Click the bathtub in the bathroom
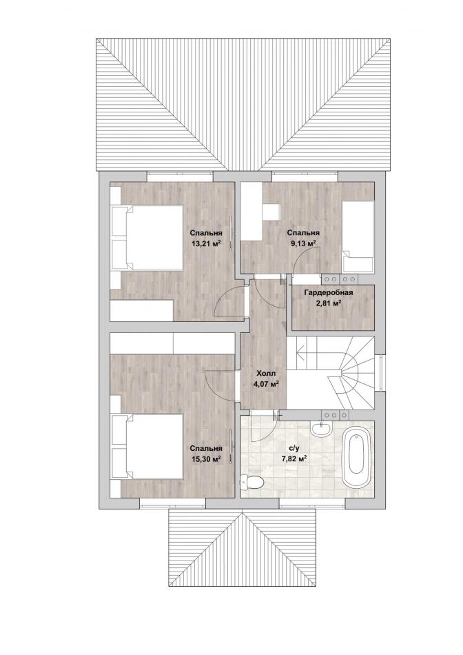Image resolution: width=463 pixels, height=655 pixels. coord(357,459)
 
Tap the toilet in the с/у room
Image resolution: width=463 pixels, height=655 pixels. coord(253,482)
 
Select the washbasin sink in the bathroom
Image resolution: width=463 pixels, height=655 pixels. coord(321,429)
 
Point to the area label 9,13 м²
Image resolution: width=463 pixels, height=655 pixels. coord(302,242)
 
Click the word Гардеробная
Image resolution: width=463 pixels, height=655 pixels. coord(329,292)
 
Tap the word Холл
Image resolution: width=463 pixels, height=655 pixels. coord(266,374)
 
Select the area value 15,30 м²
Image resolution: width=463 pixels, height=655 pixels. coord(205,458)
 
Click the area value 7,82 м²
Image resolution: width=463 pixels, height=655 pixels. coord(294,458)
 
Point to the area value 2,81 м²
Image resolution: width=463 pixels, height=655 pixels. coord(329,303)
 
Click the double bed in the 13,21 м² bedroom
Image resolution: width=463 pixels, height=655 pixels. coord(148,237)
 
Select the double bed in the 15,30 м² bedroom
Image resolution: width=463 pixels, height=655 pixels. coord(148,446)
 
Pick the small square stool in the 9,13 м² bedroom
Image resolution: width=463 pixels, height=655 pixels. coord(272,212)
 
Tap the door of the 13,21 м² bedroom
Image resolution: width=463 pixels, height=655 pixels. coord(228,300)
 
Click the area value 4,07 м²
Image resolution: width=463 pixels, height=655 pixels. coord(266,384)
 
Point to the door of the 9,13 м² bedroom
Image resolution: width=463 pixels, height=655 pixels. coord(307,260)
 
